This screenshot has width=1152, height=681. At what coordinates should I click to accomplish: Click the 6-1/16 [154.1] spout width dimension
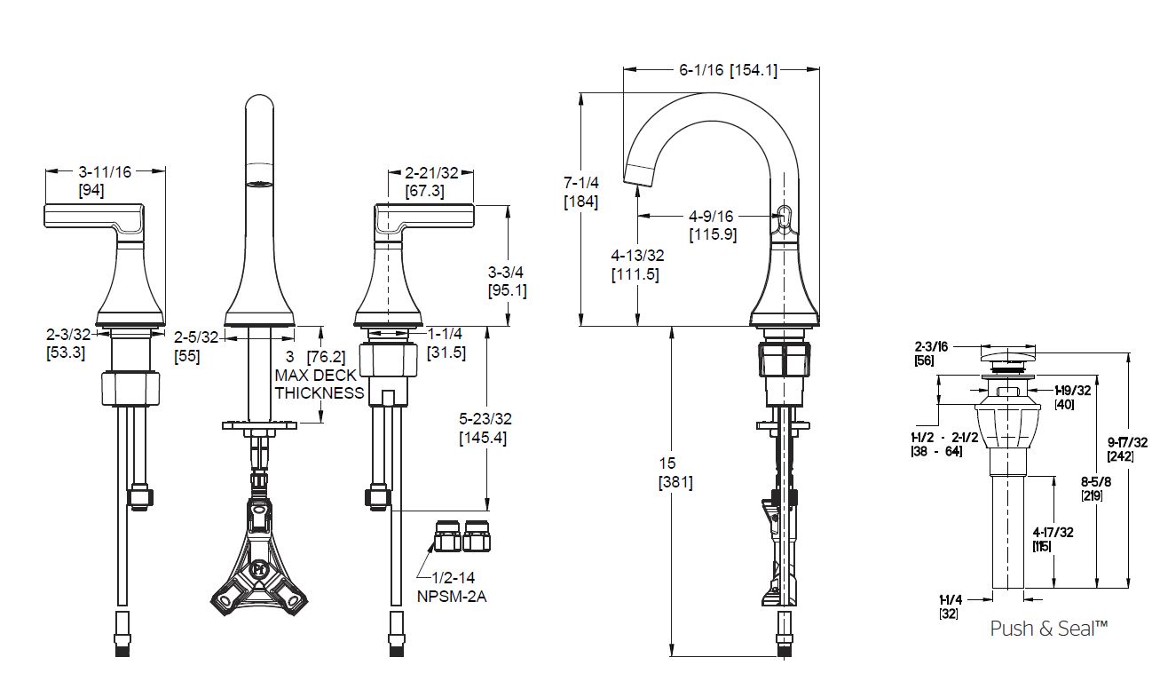[729, 70]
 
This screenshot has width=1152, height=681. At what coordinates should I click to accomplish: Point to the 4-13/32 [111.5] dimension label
[636, 265]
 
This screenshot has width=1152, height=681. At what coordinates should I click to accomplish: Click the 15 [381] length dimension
[675, 473]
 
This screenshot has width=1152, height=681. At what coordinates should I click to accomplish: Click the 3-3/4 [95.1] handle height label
[507, 281]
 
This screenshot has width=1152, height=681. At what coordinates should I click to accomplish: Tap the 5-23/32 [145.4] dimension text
[485, 429]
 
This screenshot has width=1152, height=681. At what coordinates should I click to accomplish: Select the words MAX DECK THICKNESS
[319, 384]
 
